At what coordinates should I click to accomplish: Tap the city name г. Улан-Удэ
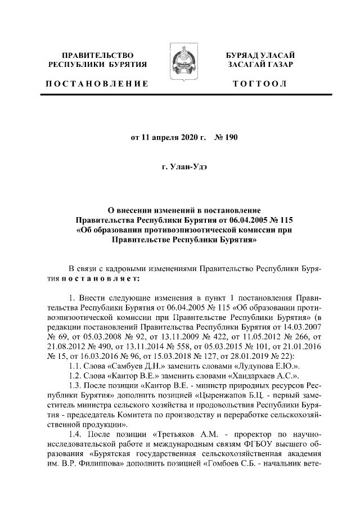pyautogui.click(x=180, y=167)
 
